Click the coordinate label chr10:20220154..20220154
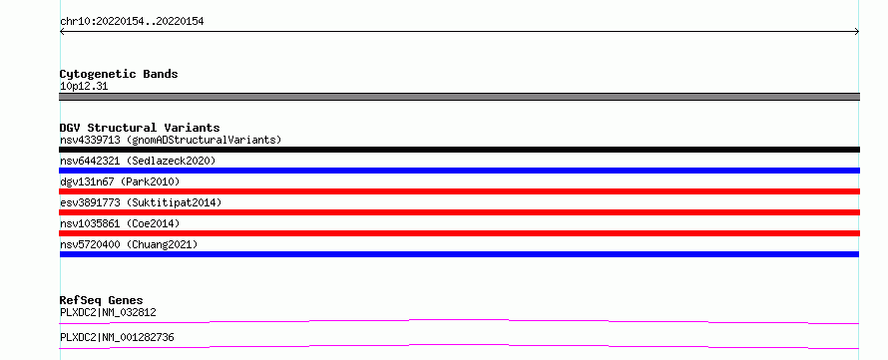[x=132, y=22]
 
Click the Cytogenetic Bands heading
[x=119, y=74]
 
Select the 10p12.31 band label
[x=84, y=87]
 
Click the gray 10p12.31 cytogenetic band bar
[x=459, y=97]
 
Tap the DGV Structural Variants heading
[x=140, y=128]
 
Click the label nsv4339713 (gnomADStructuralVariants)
[x=171, y=140]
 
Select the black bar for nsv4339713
[x=459, y=150]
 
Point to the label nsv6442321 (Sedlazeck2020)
[x=138, y=161]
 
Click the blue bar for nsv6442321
[x=459, y=171]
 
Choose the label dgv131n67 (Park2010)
[x=120, y=181]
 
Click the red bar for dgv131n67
[x=459, y=191]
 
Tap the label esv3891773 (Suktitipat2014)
[x=141, y=202]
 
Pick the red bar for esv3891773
[x=459, y=212]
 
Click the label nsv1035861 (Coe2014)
[x=120, y=223]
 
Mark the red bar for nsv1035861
[x=459, y=233]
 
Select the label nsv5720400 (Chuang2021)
[x=129, y=244]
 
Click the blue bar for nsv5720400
[x=459, y=254]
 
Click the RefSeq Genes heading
[x=102, y=300]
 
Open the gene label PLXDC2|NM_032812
[x=108, y=312]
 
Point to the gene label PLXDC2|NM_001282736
[x=117, y=338]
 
